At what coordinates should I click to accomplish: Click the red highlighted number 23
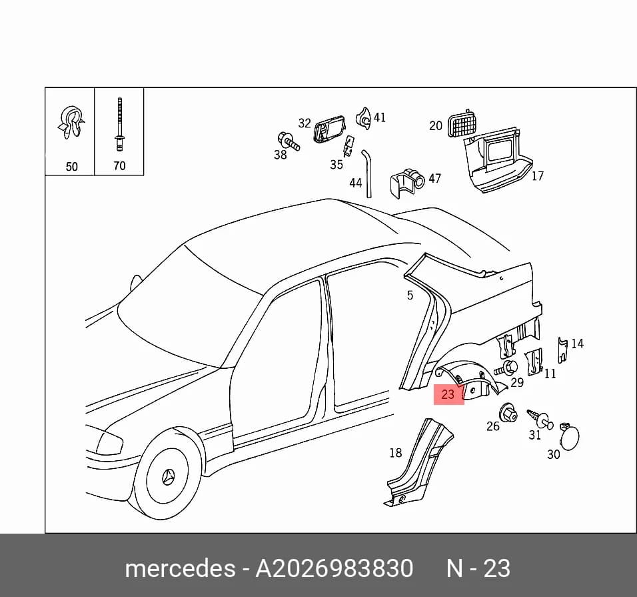tap(448, 394)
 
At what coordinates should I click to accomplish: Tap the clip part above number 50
tap(71, 122)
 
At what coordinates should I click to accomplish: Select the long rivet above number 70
tap(119, 124)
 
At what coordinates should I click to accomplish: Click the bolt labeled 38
tap(289, 141)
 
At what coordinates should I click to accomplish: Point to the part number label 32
tap(305, 123)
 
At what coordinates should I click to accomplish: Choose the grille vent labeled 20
tap(463, 123)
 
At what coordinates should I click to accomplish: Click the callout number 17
tap(538, 176)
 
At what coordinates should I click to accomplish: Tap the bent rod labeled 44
tap(368, 173)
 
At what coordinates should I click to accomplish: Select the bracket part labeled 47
tap(407, 184)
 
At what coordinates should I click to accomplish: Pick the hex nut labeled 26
tap(508, 412)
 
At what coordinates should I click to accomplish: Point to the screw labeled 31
tap(540, 419)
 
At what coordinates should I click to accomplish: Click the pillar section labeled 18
tap(418, 464)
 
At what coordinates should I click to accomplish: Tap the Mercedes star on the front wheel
tap(169, 476)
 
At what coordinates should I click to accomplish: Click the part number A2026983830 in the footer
tap(334, 568)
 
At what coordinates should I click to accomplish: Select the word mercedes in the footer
tap(180, 568)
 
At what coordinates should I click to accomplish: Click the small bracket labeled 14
tap(562, 350)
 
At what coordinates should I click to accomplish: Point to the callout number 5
tap(410, 295)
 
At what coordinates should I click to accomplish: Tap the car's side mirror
tap(136, 283)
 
